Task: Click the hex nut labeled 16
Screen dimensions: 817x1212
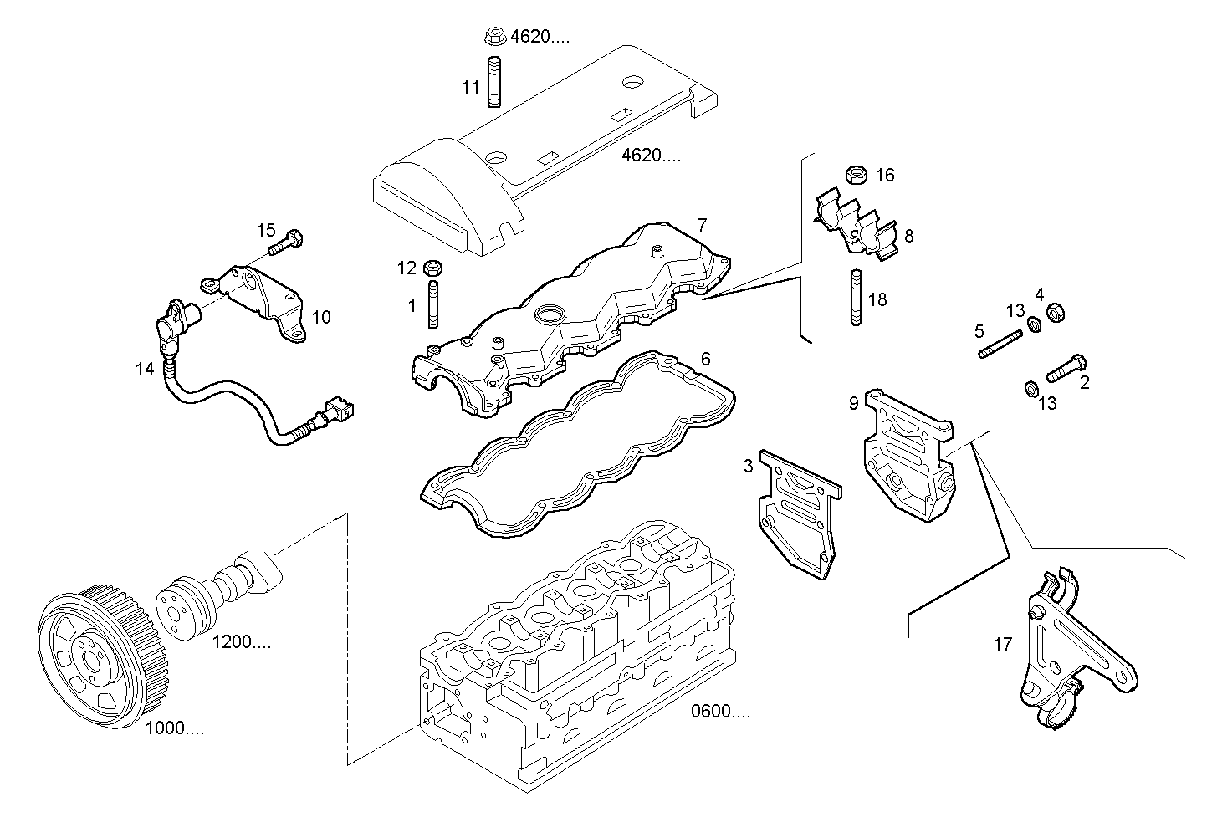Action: click(x=856, y=175)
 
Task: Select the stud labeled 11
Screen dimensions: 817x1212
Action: click(x=493, y=81)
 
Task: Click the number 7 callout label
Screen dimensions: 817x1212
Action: click(x=702, y=224)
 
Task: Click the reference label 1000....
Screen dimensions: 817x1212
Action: click(x=174, y=728)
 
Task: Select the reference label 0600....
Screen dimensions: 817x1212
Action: click(x=720, y=712)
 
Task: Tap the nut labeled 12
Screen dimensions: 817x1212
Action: click(x=433, y=268)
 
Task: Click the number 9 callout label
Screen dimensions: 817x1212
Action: click(x=853, y=403)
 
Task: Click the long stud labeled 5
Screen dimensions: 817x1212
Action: click(x=1000, y=345)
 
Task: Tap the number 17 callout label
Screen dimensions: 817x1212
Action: click(x=1003, y=644)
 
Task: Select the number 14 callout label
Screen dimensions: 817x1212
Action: click(x=146, y=368)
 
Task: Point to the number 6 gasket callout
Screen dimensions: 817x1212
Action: click(x=705, y=359)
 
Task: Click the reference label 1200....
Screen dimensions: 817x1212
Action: click(x=241, y=642)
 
